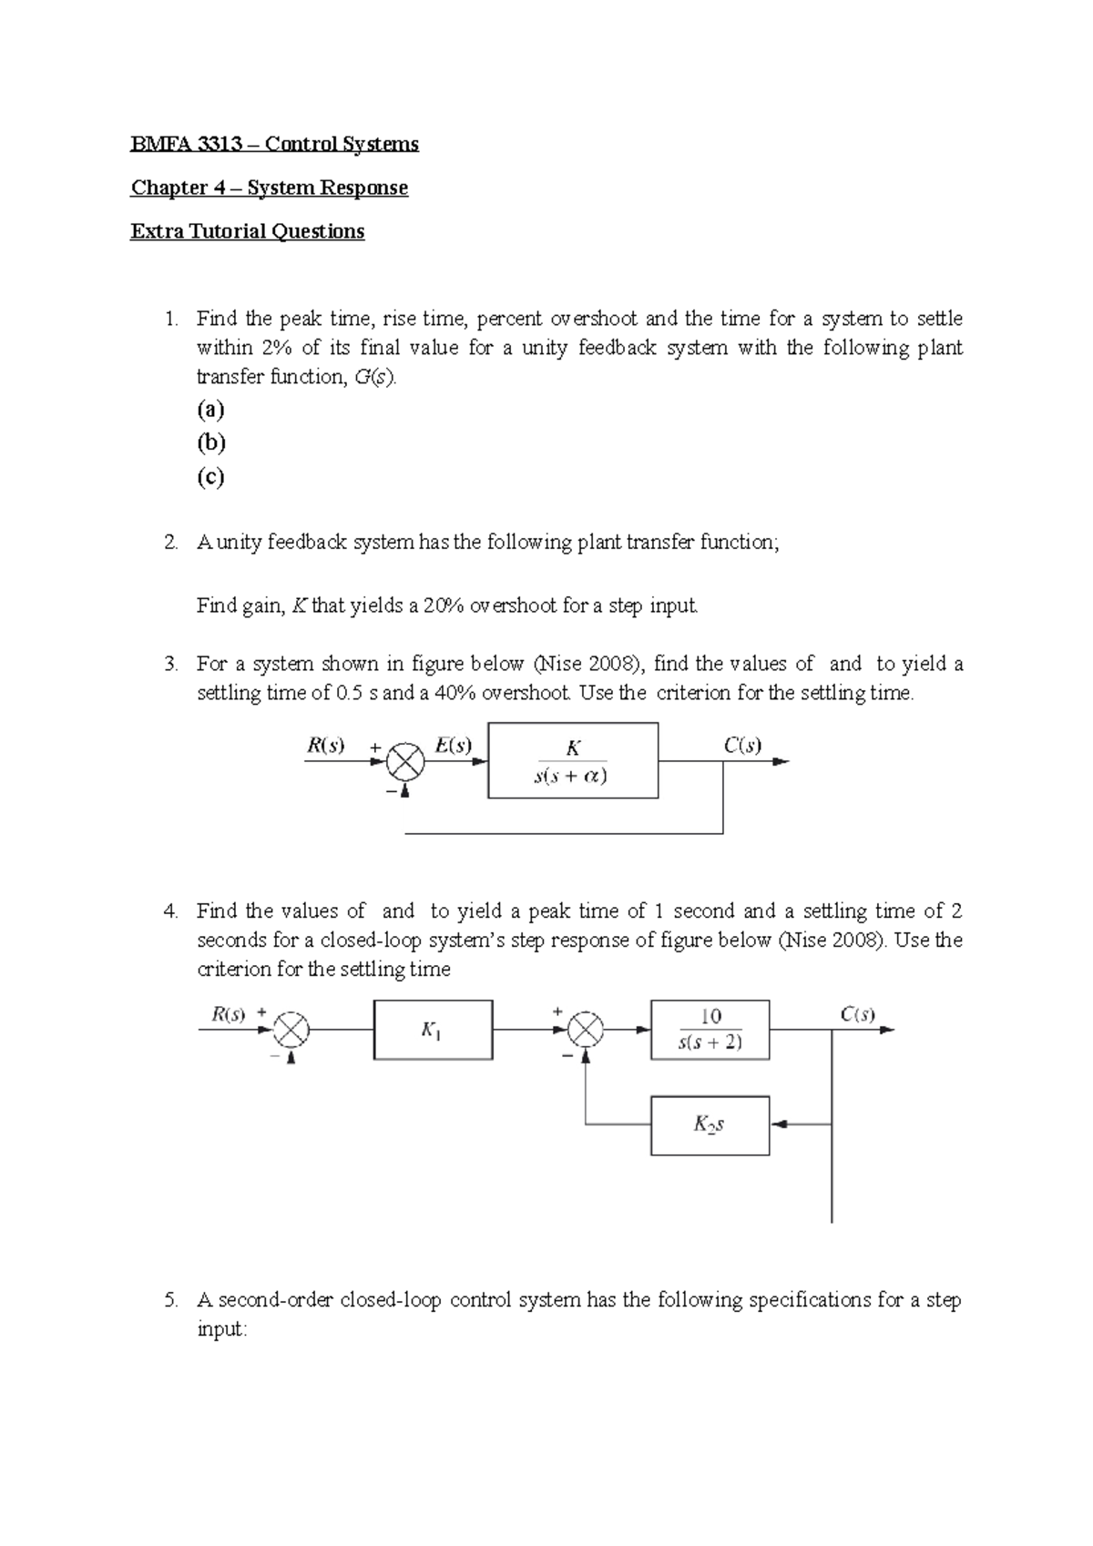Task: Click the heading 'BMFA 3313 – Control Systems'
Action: [274, 144]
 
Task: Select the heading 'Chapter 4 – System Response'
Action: [269, 188]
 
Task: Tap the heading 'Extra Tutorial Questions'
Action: [247, 231]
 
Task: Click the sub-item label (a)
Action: [210, 409]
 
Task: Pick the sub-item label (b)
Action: [210, 442]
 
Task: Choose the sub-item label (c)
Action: [210, 476]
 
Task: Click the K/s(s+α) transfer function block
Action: [572, 761]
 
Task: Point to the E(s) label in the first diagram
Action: [453, 746]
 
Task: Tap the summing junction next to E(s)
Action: [406, 761]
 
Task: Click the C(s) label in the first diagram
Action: [742, 746]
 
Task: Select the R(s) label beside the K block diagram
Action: [325, 746]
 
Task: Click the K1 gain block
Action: [433, 1030]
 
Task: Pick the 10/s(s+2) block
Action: [710, 1030]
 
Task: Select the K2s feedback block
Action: [710, 1125]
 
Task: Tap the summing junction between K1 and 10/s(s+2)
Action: [586, 1030]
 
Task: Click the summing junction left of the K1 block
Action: [291, 1030]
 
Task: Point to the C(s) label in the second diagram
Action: [858, 1014]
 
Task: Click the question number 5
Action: [171, 1300]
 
